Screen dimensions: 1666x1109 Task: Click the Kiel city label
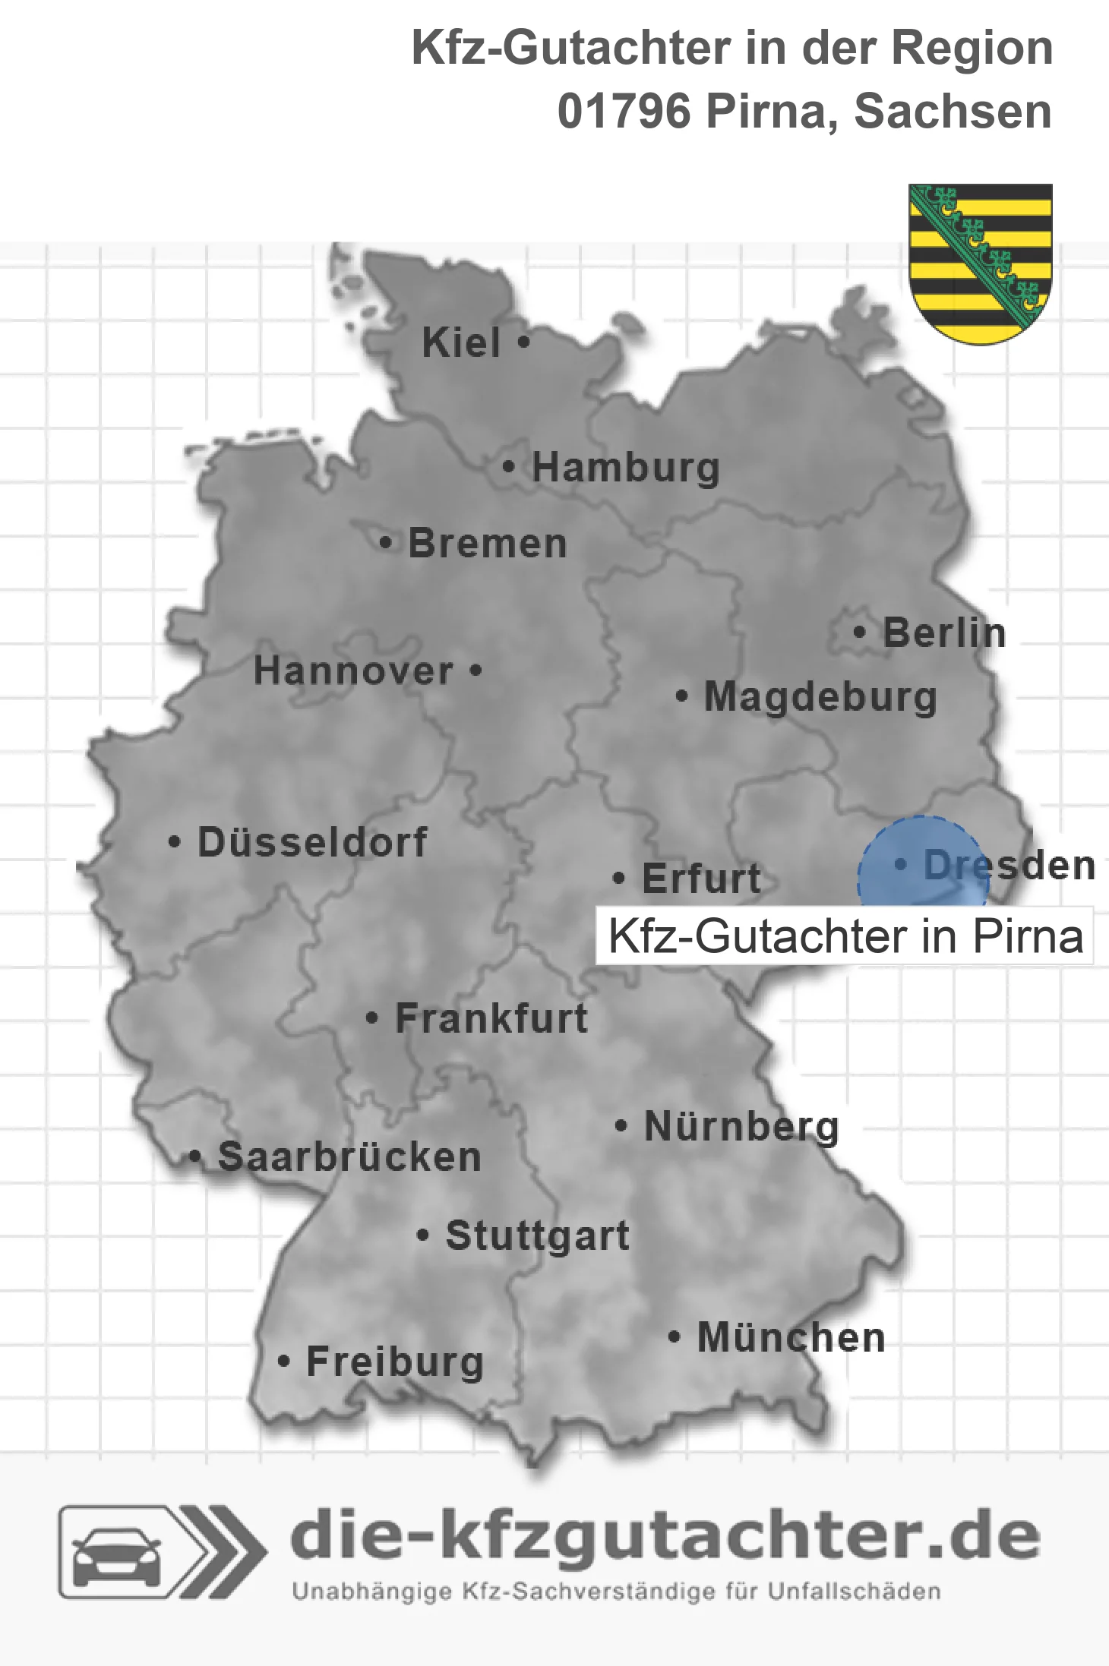460,342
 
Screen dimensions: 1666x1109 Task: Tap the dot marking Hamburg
508,467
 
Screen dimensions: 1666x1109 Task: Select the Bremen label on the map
487,544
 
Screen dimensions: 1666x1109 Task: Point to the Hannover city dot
476,671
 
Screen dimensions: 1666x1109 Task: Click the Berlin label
944,633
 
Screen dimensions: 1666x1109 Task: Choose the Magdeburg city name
820,697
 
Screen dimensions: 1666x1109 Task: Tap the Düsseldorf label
312,842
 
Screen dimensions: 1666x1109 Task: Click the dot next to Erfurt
619,879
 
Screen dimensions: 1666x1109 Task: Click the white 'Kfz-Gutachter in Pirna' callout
845,936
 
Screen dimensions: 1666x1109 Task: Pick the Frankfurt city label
491,1018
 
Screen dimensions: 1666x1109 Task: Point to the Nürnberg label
741,1126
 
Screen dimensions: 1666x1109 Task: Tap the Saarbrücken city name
349,1157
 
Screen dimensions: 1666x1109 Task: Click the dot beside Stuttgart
423,1235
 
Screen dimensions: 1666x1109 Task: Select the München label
791,1337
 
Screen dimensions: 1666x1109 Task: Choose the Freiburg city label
395,1362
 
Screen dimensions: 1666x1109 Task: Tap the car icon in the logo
116,1554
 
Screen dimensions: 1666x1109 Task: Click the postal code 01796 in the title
624,112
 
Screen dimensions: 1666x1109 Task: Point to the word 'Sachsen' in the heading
953,112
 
